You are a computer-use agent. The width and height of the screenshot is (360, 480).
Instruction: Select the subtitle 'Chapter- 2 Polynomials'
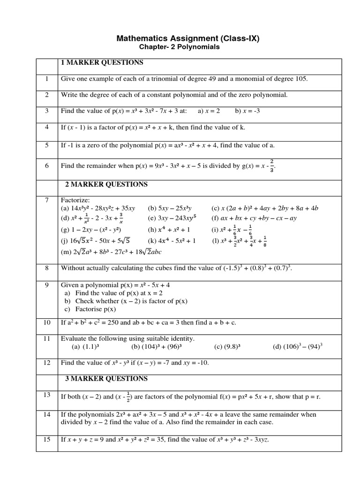coord(180,47)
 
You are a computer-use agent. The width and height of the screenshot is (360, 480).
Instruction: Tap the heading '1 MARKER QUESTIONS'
coord(102,63)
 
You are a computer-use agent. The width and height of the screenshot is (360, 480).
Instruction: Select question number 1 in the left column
coord(47,79)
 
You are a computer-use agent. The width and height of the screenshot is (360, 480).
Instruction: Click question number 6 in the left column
coord(47,165)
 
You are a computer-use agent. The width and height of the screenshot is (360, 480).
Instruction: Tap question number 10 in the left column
coord(47,323)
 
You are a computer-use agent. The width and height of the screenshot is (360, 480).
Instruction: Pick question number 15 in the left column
coord(47,439)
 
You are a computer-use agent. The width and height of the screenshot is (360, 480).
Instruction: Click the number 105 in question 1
coord(301,79)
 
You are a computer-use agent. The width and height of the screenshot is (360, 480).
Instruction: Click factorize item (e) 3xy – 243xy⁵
coord(172,218)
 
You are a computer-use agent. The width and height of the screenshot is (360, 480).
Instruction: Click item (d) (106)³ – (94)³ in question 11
coord(298,347)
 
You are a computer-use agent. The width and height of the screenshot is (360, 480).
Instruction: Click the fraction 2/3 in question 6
coord(272,165)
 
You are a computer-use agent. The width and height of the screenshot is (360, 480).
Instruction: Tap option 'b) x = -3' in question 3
coord(241,111)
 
